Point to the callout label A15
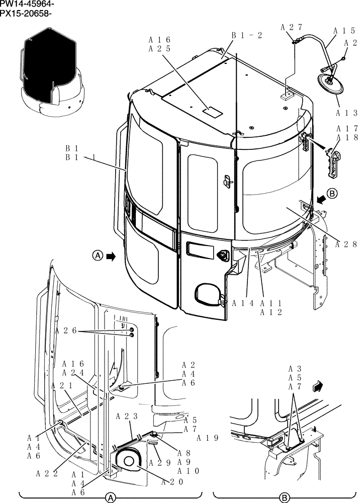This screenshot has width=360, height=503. [345, 31]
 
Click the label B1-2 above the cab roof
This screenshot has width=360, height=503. [247, 35]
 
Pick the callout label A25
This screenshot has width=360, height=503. [160, 49]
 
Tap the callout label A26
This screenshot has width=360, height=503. [66, 330]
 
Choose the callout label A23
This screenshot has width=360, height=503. [127, 416]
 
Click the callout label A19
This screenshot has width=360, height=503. [208, 438]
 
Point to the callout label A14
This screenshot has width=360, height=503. [242, 303]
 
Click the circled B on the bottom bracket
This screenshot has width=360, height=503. [285, 497]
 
